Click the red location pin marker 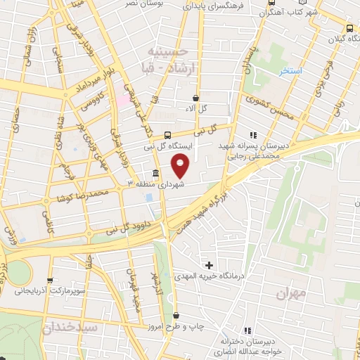(x=181, y=166)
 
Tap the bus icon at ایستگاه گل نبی (x=167, y=135)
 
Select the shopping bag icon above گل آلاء (x=196, y=98)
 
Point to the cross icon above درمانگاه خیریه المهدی (x=209, y=265)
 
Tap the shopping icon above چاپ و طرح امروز (x=176, y=316)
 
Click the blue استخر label (x=290, y=72)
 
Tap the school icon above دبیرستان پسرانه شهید (x=253, y=135)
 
